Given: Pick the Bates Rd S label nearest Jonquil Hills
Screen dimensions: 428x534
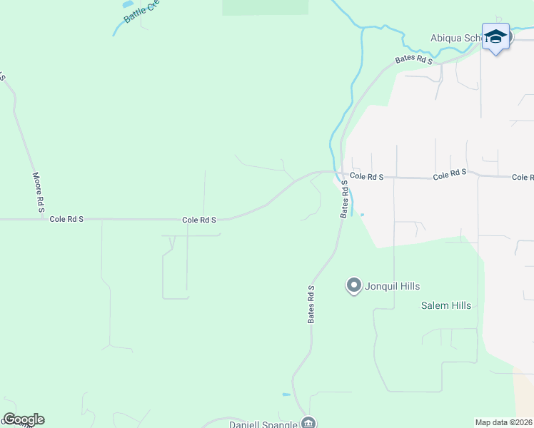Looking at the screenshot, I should tap(311, 305).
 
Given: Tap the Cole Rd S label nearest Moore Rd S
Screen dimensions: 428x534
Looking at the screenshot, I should tap(66, 219).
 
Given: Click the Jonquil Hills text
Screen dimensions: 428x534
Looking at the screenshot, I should tap(392, 286).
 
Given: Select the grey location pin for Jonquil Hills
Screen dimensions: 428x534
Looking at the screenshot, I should tap(353, 285).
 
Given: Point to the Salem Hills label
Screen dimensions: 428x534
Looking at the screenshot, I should tap(445, 305).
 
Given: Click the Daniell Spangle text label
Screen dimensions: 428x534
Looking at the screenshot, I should tap(263, 424).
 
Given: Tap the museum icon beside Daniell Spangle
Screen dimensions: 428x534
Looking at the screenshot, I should tap(308, 422).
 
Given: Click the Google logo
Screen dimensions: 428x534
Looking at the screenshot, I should tap(24, 419).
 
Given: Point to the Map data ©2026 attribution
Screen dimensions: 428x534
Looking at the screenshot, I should tap(503, 422).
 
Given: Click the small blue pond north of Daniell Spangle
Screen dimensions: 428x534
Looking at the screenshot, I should tap(286, 394).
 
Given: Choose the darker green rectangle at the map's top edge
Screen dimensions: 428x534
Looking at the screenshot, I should tap(265, 7).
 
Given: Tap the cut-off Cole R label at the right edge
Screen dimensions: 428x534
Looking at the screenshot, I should tap(523, 177).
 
